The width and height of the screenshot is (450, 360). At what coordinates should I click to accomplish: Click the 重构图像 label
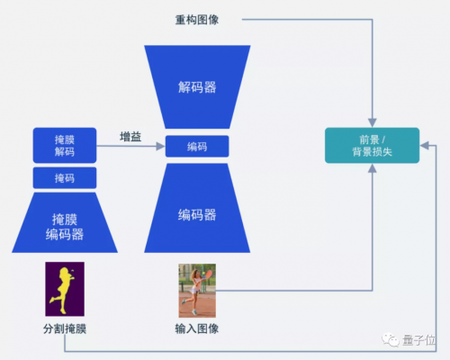coord(197,20)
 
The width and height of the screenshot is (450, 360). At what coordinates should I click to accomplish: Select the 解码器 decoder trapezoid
coord(197,87)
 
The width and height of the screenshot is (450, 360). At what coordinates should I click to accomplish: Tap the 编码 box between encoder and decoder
coord(197,147)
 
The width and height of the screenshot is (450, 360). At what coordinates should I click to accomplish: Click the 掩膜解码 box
coord(65,146)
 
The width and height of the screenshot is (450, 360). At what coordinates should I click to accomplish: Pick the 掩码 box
coord(65,178)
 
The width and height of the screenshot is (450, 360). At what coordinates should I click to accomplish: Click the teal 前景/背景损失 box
coord(372,146)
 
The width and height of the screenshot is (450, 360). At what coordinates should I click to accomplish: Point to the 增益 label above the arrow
coord(130,137)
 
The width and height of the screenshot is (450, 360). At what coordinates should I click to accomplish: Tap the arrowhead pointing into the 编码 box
coord(161,147)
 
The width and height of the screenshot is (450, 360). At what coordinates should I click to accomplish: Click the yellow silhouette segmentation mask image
coord(65,289)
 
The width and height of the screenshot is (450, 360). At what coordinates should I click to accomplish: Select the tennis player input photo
coord(197,291)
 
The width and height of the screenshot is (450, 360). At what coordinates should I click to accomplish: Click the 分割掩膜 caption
coord(65,328)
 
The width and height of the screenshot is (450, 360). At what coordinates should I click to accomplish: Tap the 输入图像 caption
coord(197,328)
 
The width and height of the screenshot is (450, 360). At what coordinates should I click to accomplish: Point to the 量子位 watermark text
coord(418,340)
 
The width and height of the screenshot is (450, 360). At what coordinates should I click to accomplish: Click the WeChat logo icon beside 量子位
coord(390,339)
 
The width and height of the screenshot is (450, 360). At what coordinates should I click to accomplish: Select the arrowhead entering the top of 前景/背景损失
coord(373,123)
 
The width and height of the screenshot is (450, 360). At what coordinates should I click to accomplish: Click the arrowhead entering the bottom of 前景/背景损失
coord(373,168)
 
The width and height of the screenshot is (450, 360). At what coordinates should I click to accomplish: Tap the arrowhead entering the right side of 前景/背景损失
coord(424,146)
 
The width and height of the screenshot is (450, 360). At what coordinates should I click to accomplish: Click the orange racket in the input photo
coord(208,274)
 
